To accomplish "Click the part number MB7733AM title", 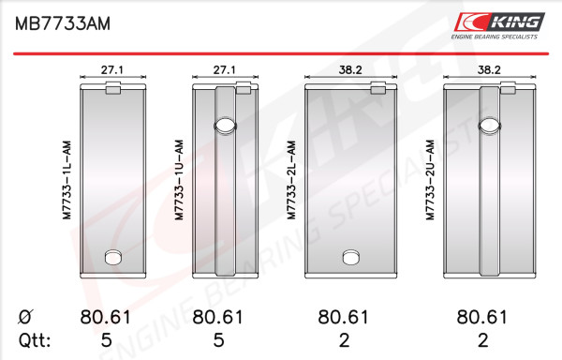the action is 63,23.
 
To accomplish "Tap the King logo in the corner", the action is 499,26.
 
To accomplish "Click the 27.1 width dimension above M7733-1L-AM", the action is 112,69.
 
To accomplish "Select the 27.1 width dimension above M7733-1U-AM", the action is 225,69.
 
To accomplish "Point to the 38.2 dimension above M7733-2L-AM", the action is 350,69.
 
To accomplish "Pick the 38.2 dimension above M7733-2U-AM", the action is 489,69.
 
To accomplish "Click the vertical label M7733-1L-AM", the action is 67,180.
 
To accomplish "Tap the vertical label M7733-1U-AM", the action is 179,180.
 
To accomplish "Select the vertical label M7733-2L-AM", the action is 291,180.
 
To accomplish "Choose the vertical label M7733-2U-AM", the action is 430,180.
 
